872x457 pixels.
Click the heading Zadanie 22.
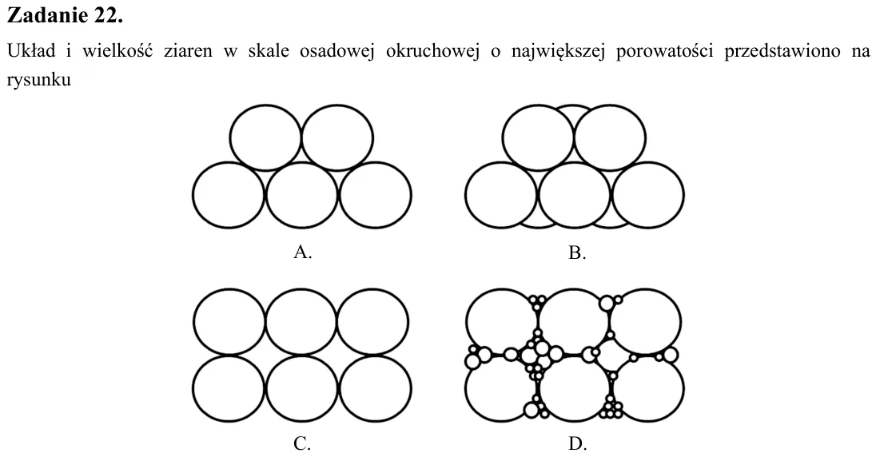click(x=65, y=15)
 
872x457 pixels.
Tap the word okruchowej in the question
click(x=432, y=51)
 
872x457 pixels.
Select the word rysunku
click(x=39, y=80)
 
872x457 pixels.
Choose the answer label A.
click(x=303, y=252)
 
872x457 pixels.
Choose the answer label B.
click(x=577, y=253)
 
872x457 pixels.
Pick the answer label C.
click(x=302, y=443)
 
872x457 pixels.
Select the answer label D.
click(x=577, y=443)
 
